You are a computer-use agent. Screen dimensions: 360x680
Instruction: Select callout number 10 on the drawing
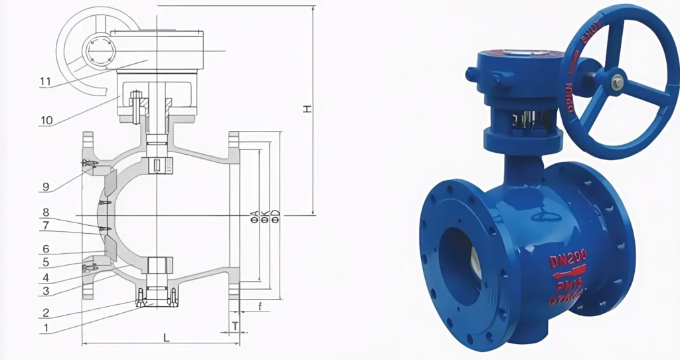point(46,120)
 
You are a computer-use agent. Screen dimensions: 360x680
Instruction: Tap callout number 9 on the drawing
point(46,187)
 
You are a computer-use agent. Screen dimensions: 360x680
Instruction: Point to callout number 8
point(46,213)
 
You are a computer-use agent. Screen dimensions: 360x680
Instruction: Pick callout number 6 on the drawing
point(46,248)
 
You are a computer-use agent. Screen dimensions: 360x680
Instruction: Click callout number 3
point(46,290)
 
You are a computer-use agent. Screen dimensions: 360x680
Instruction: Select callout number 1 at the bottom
point(46,327)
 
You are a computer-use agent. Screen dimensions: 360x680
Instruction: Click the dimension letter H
point(307,108)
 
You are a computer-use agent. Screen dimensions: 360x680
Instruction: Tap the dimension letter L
point(166,338)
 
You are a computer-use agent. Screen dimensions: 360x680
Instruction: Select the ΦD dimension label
point(274,216)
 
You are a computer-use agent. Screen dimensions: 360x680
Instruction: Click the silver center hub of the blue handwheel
point(617,82)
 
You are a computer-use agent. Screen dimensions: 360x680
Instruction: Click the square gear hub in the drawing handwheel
point(98,50)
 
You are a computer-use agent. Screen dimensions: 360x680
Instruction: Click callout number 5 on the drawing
point(46,263)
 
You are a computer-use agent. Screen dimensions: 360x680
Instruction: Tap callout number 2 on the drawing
point(46,313)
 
